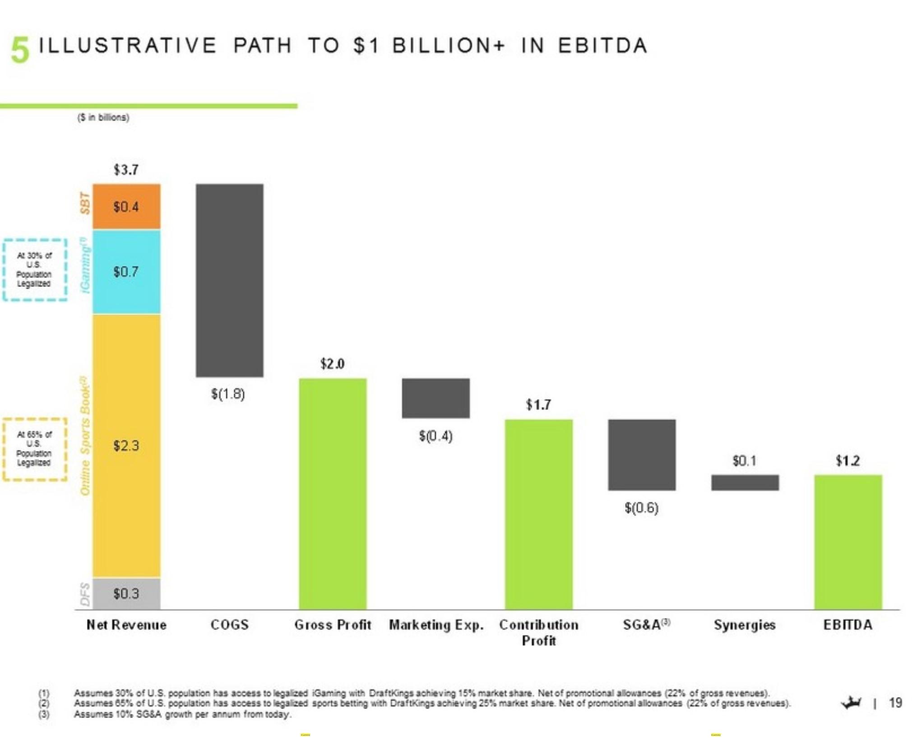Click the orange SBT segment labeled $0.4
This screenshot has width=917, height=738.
click(x=126, y=206)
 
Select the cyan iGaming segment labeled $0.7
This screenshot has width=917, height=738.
click(x=126, y=272)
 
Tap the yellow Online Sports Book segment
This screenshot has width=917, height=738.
click(x=126, y=446)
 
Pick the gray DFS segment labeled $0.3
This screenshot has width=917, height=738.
click(x=126, y=593)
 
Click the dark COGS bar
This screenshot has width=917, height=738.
click(x=229, y=280)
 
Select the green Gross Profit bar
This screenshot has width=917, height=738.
click(x=333, y=494)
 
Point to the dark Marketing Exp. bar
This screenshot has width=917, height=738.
click(x=435, y=398)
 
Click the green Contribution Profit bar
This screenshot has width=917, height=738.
click(x=538, y=515)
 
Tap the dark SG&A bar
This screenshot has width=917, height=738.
click(x=642, y=455)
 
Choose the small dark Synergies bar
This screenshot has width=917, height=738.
click(x=745, y=483)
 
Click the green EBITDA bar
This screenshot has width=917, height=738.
click(x=848, y=542)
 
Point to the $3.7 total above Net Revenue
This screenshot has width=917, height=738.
click(x=126, y=170)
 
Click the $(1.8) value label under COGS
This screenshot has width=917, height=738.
click(x=228, y=394)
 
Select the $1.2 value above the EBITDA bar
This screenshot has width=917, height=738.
click(x=848, y=460)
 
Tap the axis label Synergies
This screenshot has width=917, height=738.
click(x=745, y=625)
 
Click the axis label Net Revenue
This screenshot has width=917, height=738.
click(x=126, y=625)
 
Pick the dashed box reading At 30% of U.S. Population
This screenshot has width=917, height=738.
click(x=34, y=269)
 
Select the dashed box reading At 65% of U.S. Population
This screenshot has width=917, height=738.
click(x=34, y=449)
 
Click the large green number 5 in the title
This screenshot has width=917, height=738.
click(x=20, y=50)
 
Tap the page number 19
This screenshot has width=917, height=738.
click(x=895, y=702)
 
